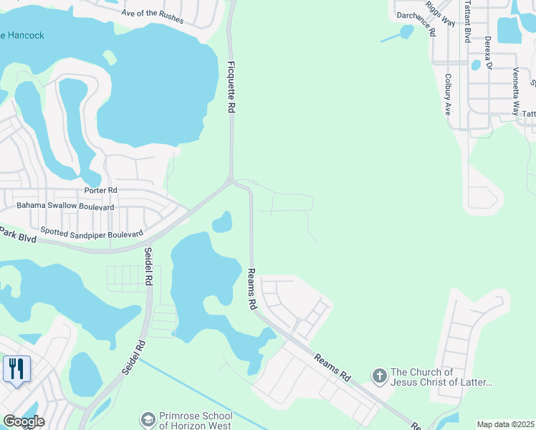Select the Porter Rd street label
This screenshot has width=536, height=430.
[x=100, y=191]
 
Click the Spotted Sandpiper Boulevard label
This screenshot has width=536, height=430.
[x=92, y=231]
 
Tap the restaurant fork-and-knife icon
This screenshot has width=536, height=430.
[x=14, y=369]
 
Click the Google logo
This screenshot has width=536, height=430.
[x=23, y=421]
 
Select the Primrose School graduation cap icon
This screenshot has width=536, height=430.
[x=148, y=419]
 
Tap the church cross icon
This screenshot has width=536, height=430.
[x=379, y=375]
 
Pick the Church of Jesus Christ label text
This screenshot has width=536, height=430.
[x=441, y=377]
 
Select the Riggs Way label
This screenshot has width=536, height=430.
[x=440, y=13]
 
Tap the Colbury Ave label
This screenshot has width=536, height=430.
[x=447, y=94]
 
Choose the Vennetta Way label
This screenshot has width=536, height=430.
[x=515, y=91]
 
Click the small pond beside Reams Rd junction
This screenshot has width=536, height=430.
[x=223, y=223]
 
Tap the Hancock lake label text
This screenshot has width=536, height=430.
[x=23, y=35]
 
